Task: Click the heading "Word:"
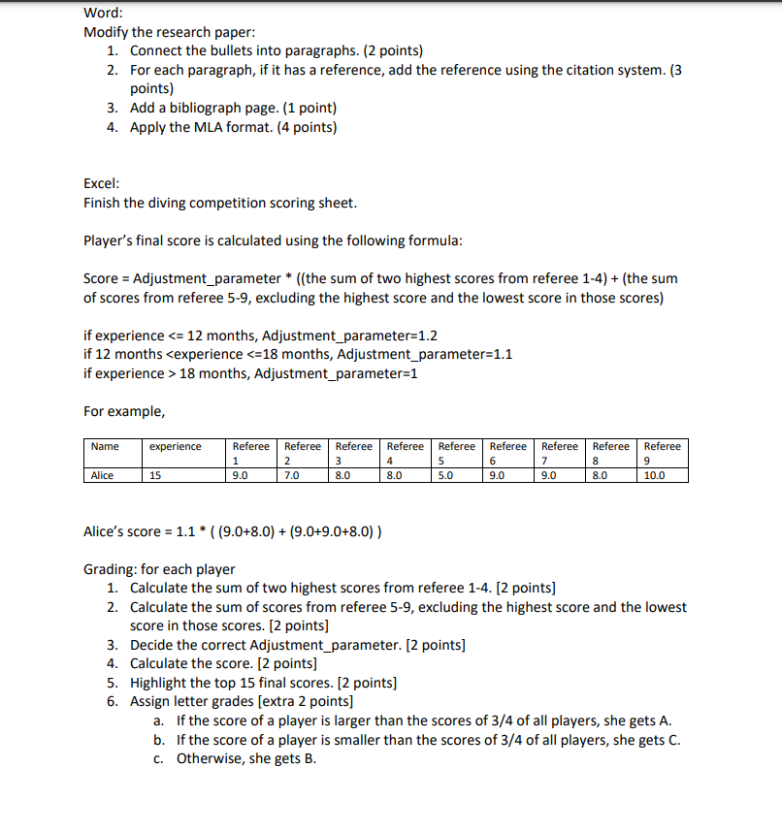coord(104,13)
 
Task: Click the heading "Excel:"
coord(102,182)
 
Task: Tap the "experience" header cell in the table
coord(176,446)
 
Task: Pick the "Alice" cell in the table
coord(102,475)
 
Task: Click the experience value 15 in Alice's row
coord(156,475)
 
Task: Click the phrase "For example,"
coord(124,411)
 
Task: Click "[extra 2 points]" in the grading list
coord(306,701)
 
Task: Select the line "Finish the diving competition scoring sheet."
coord(220,203)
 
